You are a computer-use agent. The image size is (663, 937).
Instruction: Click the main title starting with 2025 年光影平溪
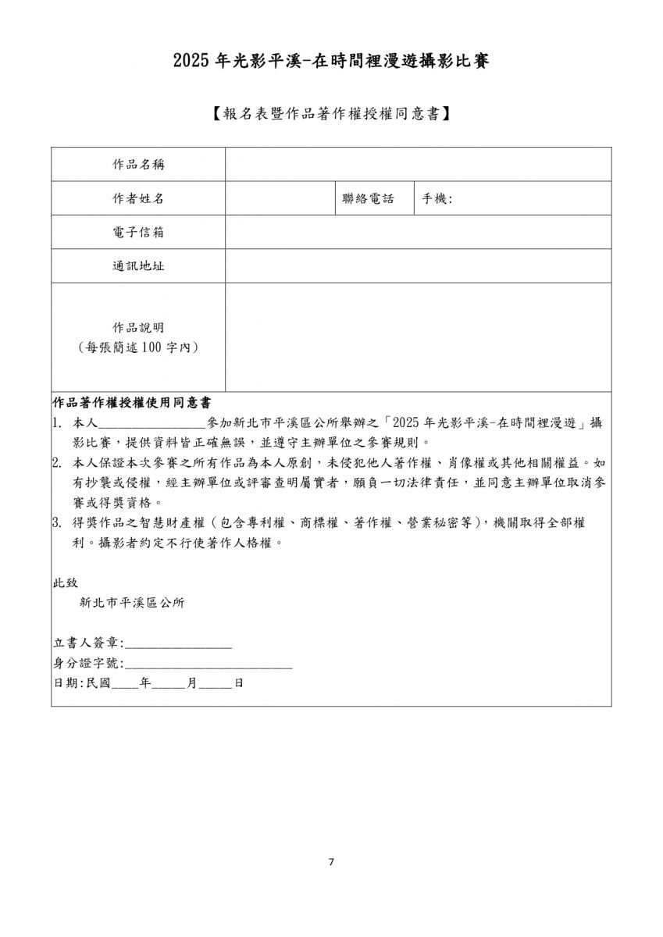[331, 61]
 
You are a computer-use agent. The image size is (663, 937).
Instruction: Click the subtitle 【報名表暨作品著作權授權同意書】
[331, 114]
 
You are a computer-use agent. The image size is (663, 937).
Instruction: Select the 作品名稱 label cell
[138, 165]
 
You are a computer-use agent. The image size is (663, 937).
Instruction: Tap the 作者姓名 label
[138, 198]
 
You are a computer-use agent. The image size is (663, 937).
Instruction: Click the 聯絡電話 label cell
[368, 198]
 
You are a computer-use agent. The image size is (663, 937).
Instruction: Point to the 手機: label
[437, 198]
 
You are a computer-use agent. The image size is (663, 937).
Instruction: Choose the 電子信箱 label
[138, 233]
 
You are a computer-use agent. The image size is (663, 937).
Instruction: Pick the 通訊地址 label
[138, 266]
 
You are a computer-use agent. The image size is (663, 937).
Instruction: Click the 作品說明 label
[138, 328]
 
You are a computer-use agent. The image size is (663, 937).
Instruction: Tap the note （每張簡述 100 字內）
[138, 347]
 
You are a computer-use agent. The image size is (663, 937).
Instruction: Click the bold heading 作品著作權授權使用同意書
[130, 403]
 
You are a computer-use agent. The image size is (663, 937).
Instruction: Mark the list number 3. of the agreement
[57, 522]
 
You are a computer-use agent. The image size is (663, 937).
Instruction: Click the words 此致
[65, 583]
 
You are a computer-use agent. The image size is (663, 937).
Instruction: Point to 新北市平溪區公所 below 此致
[132, 603]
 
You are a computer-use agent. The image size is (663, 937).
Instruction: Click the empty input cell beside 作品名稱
[418, 165]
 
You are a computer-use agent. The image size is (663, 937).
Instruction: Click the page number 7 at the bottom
[331, 862]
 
